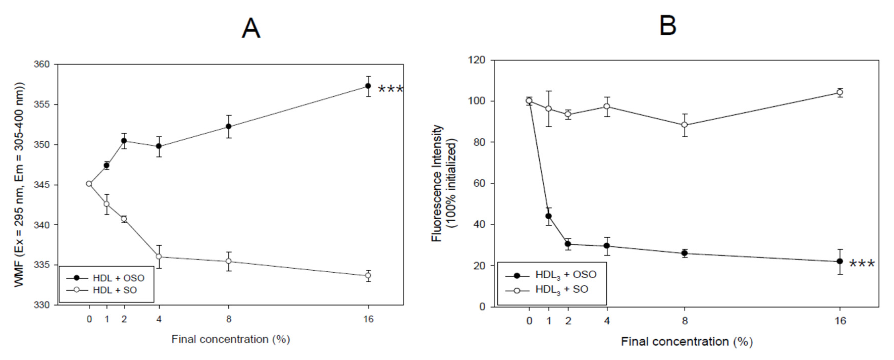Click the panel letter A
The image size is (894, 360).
point(251,29)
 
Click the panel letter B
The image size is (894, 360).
point(667,26)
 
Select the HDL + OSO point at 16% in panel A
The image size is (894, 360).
point(368,86)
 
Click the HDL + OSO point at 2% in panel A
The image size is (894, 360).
point(124,141)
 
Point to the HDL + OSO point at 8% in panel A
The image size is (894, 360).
point(228,126)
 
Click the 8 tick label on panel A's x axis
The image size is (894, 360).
point(228,319)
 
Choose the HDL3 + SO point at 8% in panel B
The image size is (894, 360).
point(685,125)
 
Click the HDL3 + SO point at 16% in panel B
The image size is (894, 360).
point(840,92)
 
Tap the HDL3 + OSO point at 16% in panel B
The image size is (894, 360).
point(840,261)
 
